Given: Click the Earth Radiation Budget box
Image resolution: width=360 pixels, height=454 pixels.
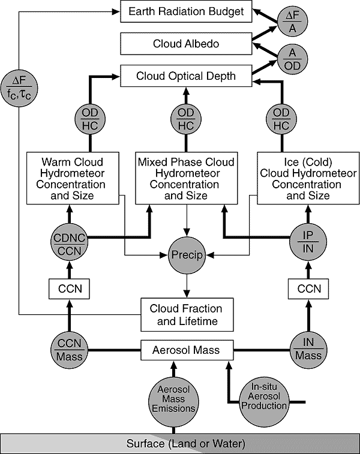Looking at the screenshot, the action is (186, 11).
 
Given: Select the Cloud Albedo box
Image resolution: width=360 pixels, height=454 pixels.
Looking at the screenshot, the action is (186, 44).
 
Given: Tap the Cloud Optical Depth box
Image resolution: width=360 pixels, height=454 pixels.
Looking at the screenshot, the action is (186, 76).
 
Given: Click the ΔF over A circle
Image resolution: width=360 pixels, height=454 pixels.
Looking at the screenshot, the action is (293, 21).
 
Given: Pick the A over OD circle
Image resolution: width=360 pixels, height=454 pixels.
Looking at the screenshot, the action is (293, 59).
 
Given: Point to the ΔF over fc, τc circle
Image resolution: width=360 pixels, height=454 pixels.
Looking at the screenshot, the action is (19, 88).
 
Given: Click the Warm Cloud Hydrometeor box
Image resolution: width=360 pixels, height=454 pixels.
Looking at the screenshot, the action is (73, 178).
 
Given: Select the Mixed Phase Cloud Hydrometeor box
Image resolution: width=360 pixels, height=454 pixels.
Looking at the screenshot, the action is (187, 178).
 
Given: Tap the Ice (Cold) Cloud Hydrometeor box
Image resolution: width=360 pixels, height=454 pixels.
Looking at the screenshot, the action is (308, 178).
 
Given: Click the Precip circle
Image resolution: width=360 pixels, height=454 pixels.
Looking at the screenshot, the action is (187, 255).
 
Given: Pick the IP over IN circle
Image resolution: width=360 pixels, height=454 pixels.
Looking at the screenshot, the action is (308, 242).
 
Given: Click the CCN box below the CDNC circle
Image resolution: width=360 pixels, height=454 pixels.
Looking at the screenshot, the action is (69, 288).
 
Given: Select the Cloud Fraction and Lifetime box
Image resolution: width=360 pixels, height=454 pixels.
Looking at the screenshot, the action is (187, 315).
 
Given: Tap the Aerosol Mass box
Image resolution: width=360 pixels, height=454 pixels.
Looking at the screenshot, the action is (187, 350).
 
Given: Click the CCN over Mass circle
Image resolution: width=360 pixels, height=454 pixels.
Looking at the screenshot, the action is (70, 350).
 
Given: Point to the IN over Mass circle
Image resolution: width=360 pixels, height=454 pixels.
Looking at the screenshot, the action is (308, 350).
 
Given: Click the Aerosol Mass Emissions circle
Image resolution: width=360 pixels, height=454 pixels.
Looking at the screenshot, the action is (173, 402).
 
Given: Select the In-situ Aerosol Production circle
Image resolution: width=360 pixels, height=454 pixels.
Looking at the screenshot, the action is (264, 402).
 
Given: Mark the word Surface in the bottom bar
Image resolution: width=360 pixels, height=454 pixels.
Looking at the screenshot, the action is (146, 444).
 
